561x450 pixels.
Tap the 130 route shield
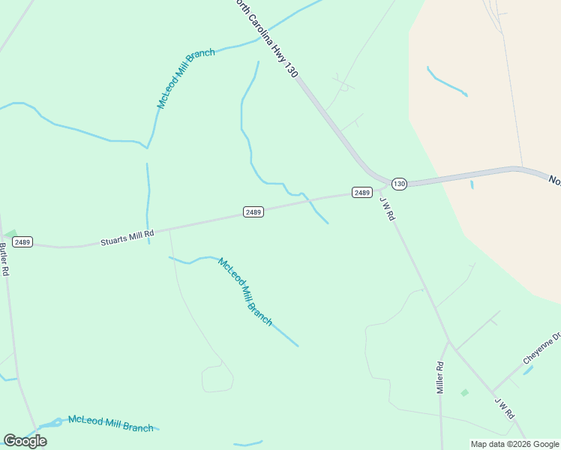tap(399, 184)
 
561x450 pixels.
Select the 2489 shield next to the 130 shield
tap(362, 193)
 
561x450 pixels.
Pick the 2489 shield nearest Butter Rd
tap(22, 241)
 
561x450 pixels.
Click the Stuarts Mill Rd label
tap(127, 238)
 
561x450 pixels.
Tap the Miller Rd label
tap(441, 377)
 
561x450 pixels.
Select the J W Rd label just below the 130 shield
tap(388, 209)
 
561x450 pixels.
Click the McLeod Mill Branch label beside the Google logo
tap(110, 424)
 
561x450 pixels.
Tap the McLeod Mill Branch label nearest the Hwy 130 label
tap(186, 78)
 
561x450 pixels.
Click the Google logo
tap(25, 441)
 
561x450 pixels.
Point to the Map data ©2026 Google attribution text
tap(514, 444)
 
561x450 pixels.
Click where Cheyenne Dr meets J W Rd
tap(493, 391)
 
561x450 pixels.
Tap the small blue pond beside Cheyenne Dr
tap(528, 370)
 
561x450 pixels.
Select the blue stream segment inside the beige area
tap(447, 82)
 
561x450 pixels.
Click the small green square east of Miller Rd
tap(464, 392)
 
